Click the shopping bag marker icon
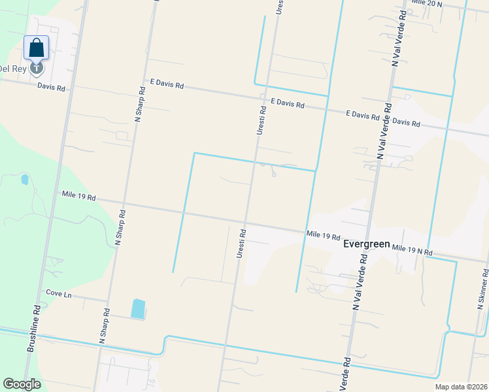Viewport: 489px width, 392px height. [37, 48]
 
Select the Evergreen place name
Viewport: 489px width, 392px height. [366, 244]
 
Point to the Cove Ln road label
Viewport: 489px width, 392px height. [58, 294]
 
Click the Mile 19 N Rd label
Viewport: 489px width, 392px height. [412, 250]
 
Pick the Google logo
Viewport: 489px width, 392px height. [22, 384]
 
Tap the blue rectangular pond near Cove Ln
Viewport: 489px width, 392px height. [138, 308]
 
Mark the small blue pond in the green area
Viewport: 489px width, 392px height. [25, 179]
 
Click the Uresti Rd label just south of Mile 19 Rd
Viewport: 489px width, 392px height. [241, 242]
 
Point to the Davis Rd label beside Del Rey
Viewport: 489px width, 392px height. [51, 86]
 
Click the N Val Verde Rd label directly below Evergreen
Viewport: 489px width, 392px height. [358, 282]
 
